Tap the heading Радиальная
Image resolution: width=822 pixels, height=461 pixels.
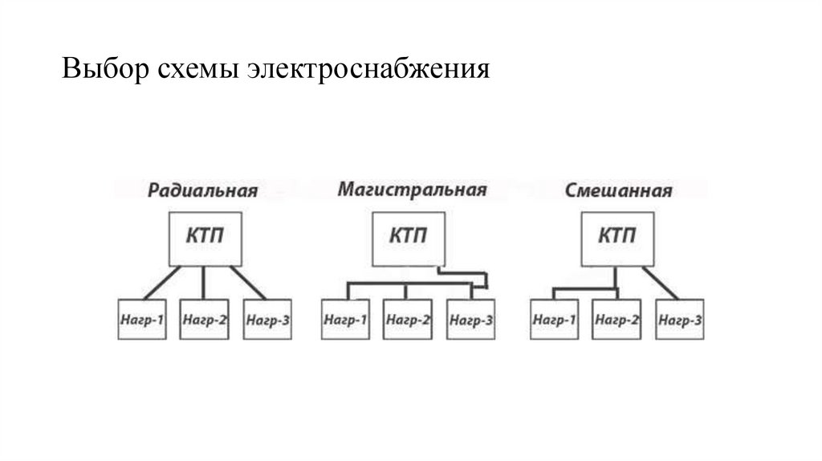coord(202,190)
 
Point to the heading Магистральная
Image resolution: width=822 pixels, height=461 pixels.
coord(412,190)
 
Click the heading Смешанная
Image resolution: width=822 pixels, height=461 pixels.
coord(618,190)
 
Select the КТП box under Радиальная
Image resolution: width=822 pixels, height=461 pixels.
coord(204,238)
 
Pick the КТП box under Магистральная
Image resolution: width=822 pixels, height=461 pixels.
coord(408,238)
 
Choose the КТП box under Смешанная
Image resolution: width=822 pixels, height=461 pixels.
coord(617,238)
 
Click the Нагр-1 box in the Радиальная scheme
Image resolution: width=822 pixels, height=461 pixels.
coord(142,319)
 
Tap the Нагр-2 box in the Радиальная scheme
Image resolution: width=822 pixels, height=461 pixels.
coord(204,319)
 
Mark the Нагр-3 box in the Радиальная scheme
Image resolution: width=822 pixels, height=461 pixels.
coord(267,319)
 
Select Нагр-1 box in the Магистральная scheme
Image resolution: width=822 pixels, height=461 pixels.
coord(346,319)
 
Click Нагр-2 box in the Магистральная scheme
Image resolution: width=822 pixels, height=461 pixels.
coord(408,319)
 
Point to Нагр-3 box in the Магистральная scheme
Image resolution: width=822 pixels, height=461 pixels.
coord(470,319)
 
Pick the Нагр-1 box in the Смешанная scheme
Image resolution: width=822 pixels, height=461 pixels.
coord(554,319)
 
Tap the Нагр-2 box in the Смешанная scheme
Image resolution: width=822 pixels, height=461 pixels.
coord(616,319)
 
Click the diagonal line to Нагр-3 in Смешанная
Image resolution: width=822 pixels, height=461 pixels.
coord(660,282)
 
